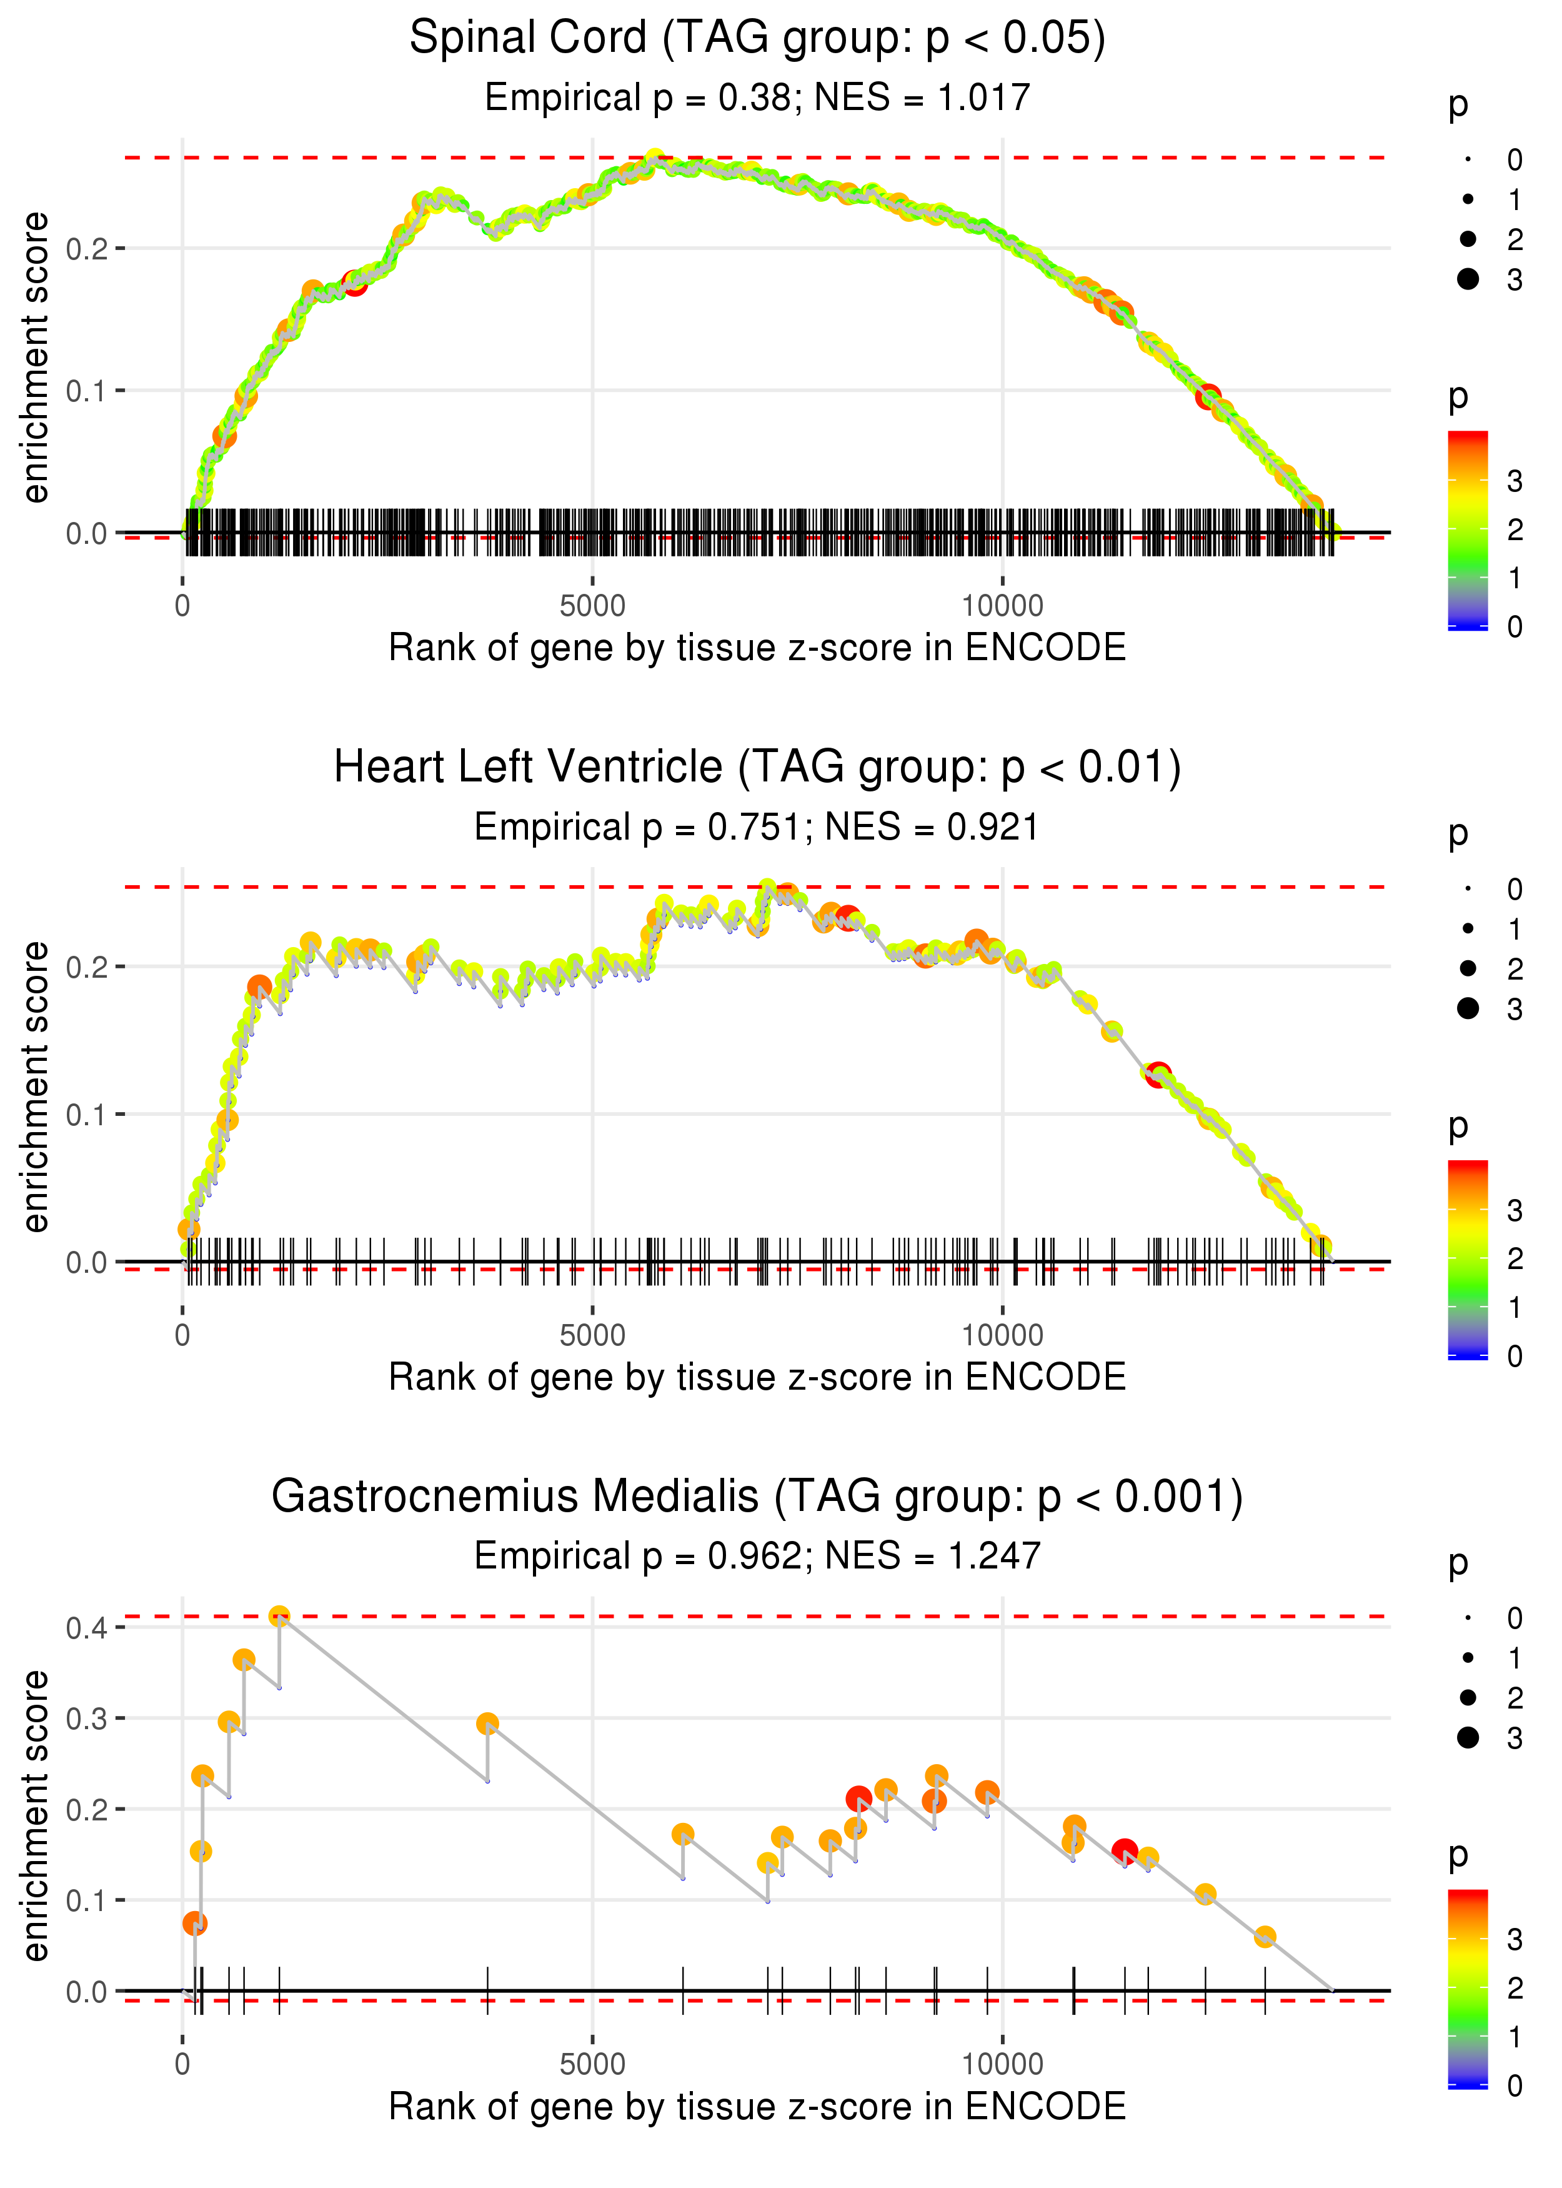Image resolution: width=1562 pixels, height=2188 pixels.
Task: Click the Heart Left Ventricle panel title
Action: point(757,768)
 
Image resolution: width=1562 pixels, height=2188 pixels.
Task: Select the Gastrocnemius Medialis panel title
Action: point(757,1496)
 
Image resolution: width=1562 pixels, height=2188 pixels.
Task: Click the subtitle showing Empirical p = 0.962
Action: point(757,1556)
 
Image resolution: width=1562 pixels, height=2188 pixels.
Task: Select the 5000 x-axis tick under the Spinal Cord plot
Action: point(592,606)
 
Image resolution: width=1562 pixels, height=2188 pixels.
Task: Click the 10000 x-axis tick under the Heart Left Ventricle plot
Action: point(1002,1335)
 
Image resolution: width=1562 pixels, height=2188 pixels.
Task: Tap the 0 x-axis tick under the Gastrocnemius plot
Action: point(182,2065)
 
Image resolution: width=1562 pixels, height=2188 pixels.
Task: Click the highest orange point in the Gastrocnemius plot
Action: point(279,1617)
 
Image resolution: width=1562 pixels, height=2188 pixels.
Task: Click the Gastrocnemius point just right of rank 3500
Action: point(487,1724)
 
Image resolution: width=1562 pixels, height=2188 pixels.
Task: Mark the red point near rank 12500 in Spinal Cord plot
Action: point(1208,396)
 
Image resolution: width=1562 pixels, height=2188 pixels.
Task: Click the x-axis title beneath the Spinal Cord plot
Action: point(757,648)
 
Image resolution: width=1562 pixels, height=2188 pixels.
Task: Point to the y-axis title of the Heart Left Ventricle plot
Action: point(36,1086)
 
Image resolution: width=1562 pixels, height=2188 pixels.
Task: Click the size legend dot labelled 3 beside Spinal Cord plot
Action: point(1468,279)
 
